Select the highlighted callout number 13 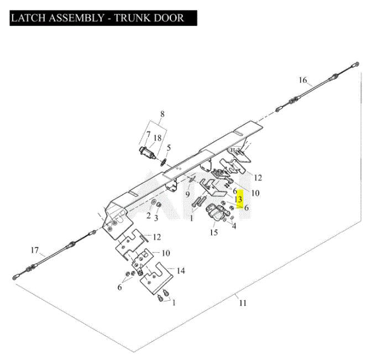238,199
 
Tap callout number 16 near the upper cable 303,80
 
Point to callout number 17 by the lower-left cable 34,251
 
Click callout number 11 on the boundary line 243,303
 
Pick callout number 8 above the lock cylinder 163,114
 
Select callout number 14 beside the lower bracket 181,270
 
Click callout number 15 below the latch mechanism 214,232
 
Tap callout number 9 187,194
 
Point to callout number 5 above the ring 169,148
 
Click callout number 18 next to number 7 158,138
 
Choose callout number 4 234,226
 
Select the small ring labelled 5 164,162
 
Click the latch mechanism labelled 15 216,212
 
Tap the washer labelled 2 154,202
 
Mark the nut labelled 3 159,205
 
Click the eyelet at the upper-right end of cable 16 357,64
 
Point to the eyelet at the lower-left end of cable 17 15,278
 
